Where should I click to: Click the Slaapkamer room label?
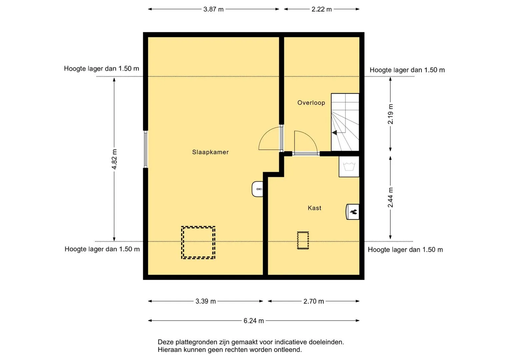[210, 152]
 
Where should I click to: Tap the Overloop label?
[311, 103]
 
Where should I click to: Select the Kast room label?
[314, 208]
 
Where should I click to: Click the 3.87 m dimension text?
[213, 9]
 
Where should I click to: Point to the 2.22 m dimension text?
[322, 9]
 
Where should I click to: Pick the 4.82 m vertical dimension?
[114, 159]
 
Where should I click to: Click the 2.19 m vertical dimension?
[390, 114]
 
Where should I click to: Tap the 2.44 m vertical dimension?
[390, 197]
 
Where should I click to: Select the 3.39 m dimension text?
[206, 301]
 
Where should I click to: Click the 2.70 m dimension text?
[314, 301]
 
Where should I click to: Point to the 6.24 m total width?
[254, 321]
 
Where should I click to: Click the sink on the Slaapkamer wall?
[257, 189]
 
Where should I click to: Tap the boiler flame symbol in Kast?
[353, 212]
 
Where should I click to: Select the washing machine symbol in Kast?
[349, 166]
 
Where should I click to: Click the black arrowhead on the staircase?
[334, 133]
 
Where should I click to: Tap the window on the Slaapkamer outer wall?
[146, 149]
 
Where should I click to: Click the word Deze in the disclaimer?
[166, 342]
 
